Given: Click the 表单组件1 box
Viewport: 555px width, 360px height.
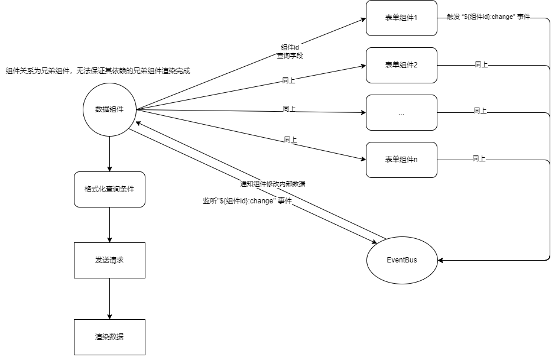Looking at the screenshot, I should (401, 18).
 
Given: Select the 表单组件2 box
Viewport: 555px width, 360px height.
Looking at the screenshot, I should (401, 65).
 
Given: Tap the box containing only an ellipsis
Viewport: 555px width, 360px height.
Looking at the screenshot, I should (401, 112).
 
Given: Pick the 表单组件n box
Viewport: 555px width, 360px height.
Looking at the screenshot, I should (401, 160).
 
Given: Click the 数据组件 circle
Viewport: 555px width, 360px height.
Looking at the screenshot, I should (109, 109).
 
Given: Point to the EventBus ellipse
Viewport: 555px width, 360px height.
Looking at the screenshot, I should (402, 260).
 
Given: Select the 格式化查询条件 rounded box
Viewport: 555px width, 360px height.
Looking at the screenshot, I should (109, 189).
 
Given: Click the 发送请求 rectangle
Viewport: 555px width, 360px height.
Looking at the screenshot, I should (109, 260).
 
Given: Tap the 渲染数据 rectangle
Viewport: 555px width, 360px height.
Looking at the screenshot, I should (109, 337).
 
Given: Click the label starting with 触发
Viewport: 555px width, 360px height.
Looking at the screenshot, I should (488, 17).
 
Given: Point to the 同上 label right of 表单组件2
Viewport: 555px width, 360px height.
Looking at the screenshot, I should (481, 64).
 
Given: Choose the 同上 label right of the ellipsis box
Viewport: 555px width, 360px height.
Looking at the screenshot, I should (480, 111).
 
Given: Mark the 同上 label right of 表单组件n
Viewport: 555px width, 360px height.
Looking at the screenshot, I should (479, 158).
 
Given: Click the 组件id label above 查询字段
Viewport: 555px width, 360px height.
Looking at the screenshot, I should (290, 47).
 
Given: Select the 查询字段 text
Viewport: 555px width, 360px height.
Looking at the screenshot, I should (290, 56).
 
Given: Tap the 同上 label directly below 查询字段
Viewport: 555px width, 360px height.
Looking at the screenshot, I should (289, 80).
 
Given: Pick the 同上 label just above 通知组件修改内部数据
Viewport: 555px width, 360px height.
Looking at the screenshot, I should (290, 140).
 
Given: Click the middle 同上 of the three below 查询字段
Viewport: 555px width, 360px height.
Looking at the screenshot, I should (289, 109).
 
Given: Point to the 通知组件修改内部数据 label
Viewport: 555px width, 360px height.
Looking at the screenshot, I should (272, 184).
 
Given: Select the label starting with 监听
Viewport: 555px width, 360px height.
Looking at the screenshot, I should (247, 201).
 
